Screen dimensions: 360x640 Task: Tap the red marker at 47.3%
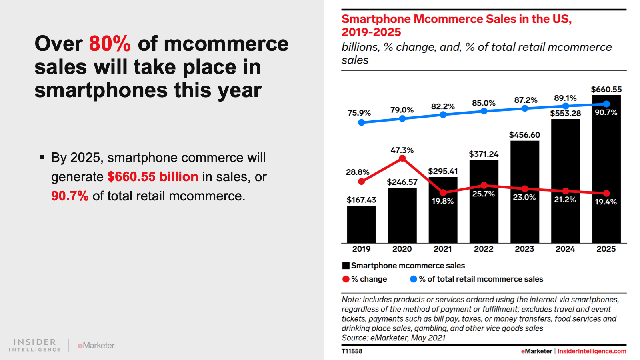click(402, 158)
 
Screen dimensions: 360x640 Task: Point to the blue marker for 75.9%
click(362, 122)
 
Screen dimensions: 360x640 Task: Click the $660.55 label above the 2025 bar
click(606, 89)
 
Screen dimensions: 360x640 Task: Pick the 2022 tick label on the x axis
click(484, 249)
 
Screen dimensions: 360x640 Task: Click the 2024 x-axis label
click(565, 249)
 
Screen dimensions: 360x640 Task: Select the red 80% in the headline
click(110, 44)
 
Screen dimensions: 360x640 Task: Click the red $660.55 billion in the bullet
click(152, 177)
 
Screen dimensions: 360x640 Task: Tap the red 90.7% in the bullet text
click(70, 196)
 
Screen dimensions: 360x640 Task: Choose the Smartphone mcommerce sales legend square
click(346, 266)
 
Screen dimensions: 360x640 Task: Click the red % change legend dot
click(346, 279)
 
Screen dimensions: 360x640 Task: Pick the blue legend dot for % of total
click(414, 279)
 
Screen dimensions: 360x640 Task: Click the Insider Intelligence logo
click(35, 345)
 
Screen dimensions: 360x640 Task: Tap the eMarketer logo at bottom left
click(96, 345)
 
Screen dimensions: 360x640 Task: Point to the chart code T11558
click(352, 351)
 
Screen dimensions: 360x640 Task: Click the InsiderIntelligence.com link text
click(592, 351)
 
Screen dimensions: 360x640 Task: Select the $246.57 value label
click(402, 182)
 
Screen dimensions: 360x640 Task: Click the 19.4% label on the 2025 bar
click(606, 202)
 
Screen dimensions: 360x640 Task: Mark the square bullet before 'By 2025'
click(42, 158)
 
